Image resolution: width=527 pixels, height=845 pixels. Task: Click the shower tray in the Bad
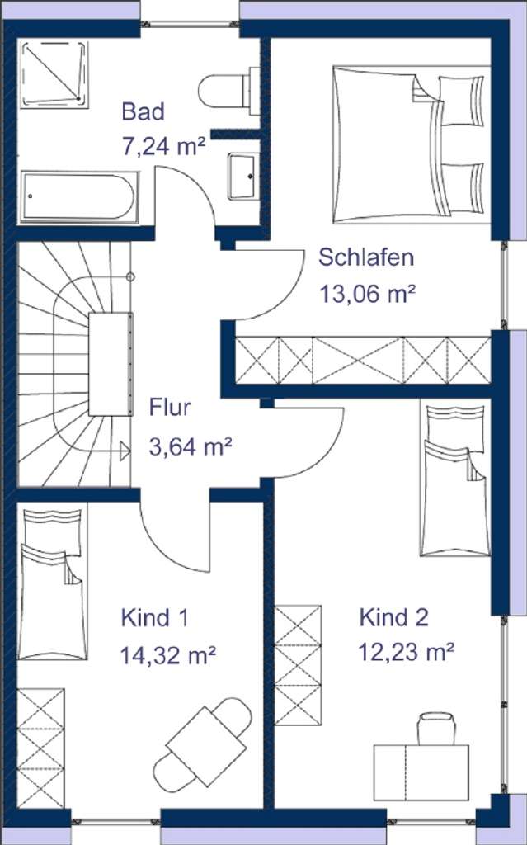click(x=55, y=73)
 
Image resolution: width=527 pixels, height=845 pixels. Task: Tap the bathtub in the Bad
click(x=80, y=196)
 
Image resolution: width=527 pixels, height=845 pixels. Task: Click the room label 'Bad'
click(x=143, y=111)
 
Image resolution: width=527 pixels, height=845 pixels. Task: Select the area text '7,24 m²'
click(x=162, y=147)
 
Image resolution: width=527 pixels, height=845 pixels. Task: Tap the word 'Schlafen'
click(x=366, y=257)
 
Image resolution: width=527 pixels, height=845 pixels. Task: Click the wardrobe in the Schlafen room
click(x=363, y=361)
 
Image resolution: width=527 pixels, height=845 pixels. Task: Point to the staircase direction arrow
click(x=125, y=451)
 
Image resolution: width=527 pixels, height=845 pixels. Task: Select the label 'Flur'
click(x=170, y=408)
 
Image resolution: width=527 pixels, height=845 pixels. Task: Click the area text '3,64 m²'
click(x=190, y=447)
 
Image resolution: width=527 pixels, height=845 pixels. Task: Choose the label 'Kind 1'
click(x=156, y=617)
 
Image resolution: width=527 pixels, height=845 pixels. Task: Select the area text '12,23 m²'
click(x=407, y=652)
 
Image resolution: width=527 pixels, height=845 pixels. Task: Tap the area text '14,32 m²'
click(x=168, y=655)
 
